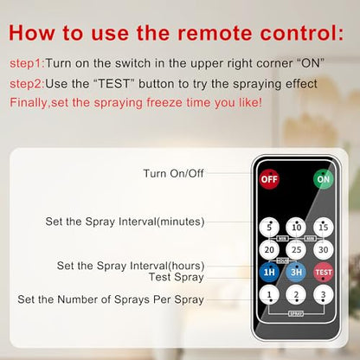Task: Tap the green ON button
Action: click(x=324, y=179)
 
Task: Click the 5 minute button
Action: click(x=269, y=227)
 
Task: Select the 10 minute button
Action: click(x=296, y=227)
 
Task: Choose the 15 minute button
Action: click(x=324, y=227)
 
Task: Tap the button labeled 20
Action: click(x=269, y=249)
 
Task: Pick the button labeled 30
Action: click(x=324, y=249)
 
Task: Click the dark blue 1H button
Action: click(x=269, y=272)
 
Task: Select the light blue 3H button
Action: click(x=296, y=272)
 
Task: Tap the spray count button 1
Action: click(x=269, y=295)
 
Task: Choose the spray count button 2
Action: click(x=296, y=295)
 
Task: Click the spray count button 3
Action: click(x=324, y=295)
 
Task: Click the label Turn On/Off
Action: click(x=174, y=173)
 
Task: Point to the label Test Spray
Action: click(x=177, y=277)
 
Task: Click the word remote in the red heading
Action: click(x=214, y=33)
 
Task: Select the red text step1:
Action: click(x=28, y=63)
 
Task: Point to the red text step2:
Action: click(x=28, y=84)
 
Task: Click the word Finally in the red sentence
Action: click(x=29, y=103)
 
